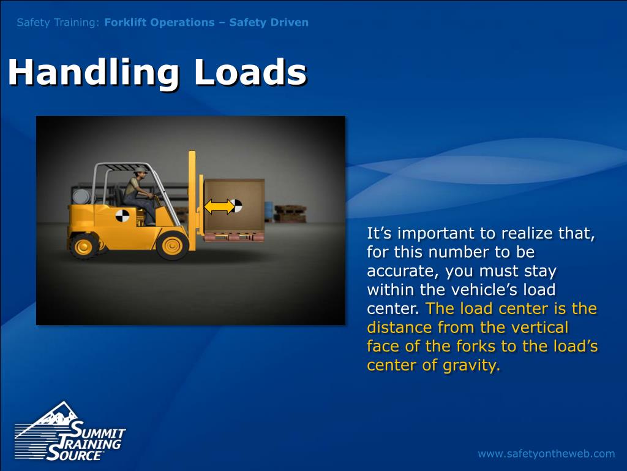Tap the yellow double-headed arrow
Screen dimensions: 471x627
tap(219, 206)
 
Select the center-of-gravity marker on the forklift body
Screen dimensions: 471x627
tap(122, 216)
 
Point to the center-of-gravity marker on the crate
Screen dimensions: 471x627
tap(237, 205)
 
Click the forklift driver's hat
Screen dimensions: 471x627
tap(141, 170)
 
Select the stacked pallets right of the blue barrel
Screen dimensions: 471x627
tap(290, 213)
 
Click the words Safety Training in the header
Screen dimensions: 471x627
tap(58, 23)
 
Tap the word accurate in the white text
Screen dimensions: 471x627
tap(402, 271)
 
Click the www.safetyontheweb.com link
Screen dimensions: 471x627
tap(546, 454)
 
